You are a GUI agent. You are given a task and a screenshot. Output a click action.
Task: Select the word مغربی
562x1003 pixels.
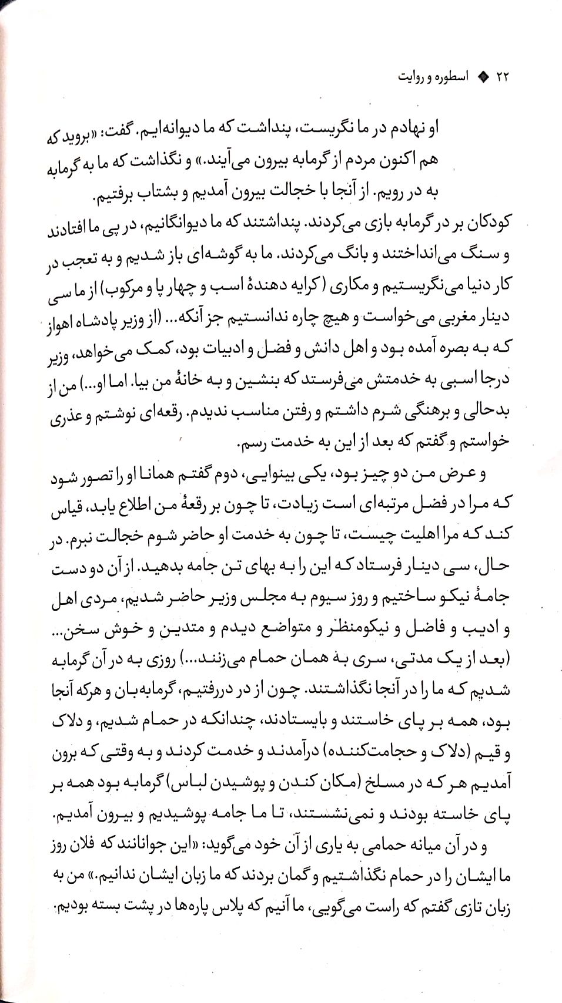447,319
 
